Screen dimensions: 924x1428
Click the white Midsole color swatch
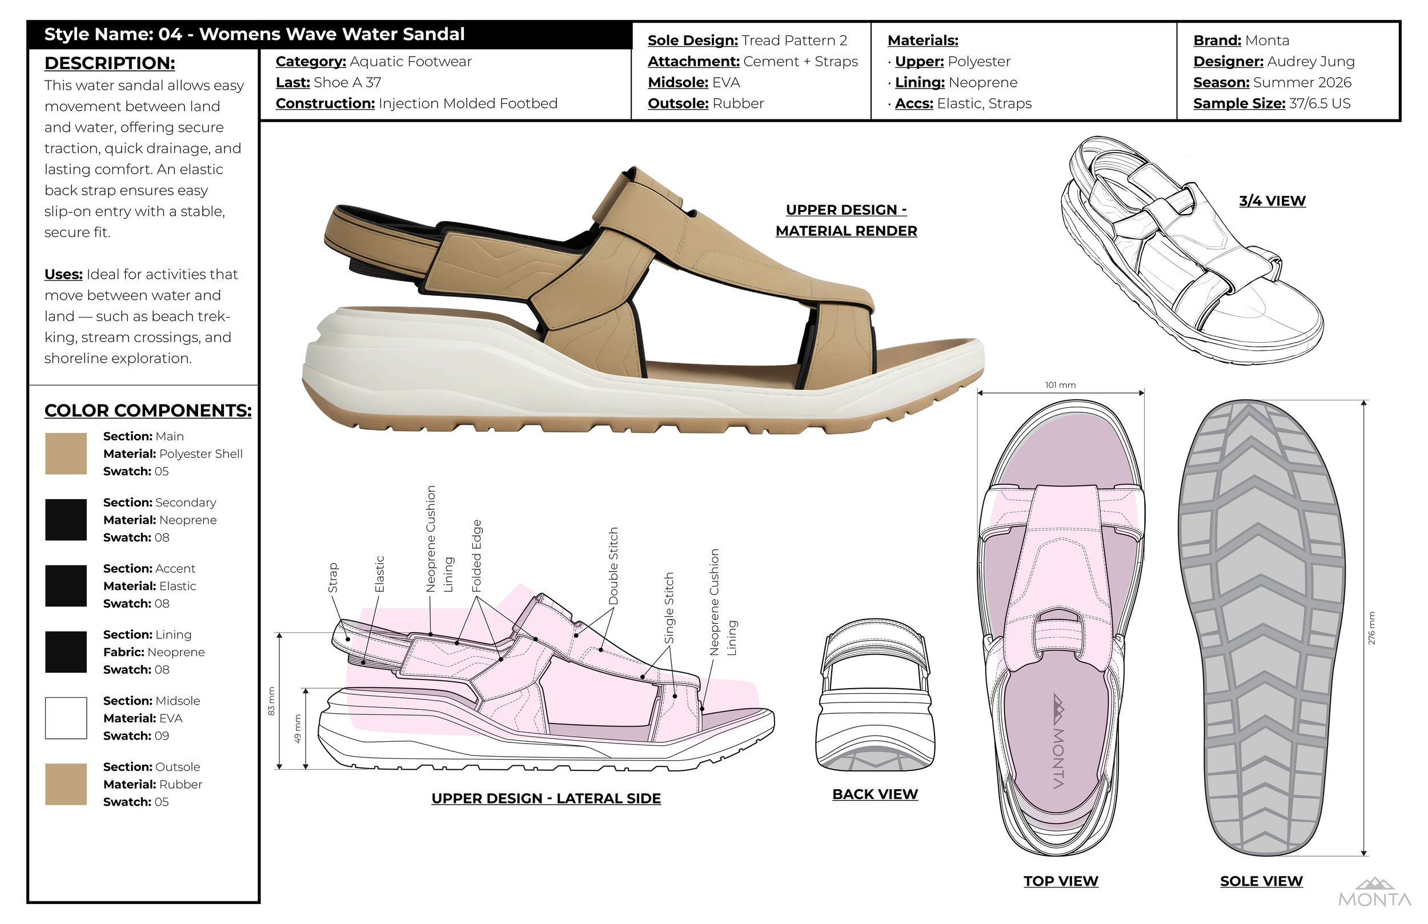(x=66, y=718)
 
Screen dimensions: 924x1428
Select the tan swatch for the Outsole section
(x=66, y=784)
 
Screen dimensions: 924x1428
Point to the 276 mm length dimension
(x=1371, y=628)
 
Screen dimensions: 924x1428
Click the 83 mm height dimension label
(x=271, y=701)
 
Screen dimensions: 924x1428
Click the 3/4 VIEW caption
(x=1272, y=201)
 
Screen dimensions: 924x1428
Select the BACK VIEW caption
(x=875, y=794)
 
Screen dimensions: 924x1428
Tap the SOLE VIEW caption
(x=1261, y=881)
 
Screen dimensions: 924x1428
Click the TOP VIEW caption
(x=1061, y=881)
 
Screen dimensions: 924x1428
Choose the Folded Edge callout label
(x=477, y=556)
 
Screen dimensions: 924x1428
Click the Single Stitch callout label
(x=669, y=608)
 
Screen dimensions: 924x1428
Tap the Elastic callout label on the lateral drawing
(x=379, y=574)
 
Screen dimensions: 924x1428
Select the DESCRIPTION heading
(x=110, y=63)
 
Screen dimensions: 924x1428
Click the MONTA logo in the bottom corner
(x=1374, y=893)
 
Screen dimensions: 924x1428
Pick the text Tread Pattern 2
(x=795, y=40)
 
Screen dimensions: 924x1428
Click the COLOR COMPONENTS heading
(x=148, y=411)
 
